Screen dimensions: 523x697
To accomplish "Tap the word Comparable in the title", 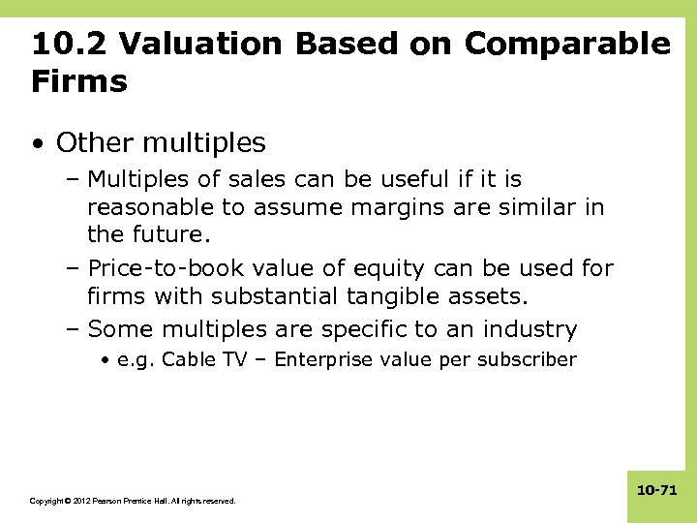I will (566, 45).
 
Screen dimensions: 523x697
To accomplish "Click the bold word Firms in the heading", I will (79, 81).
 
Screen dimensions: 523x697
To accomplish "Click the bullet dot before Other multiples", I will (37, 144).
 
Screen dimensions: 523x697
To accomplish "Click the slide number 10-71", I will (656, 491).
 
